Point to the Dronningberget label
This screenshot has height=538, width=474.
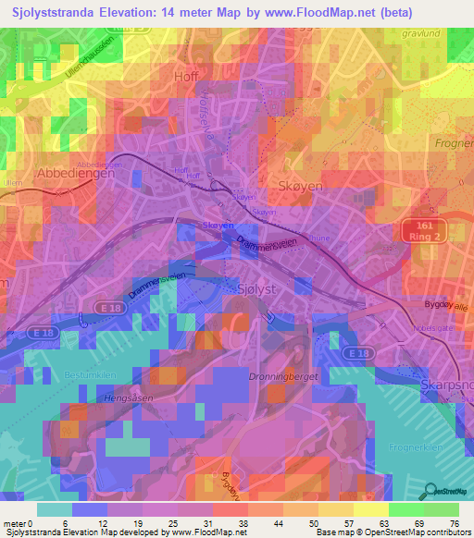click(x=277, y=376)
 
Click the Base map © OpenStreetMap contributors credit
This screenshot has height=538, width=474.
click(x=392, y=532)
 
